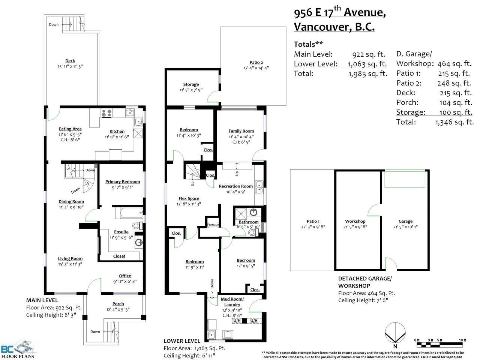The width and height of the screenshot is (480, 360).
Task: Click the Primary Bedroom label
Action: pos(123,181)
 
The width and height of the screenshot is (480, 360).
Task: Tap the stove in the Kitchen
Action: pos(106,113)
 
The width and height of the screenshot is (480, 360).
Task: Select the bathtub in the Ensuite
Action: pos(129,213)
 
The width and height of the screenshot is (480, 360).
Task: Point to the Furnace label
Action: pos(213,225)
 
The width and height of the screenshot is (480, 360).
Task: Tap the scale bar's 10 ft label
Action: pos(462,340)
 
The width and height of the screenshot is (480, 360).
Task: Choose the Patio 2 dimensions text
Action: pos(256,68)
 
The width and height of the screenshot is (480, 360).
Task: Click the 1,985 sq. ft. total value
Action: pos(368,73)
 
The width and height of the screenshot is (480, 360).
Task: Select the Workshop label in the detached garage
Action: pos(355,221)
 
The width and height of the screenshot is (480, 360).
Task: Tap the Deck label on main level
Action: pos(70,61)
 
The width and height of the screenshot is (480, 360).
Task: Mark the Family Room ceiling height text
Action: pos(241,142)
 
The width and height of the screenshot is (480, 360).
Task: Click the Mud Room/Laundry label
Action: pos(232,301)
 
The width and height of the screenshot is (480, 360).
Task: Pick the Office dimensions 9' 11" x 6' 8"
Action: pos(125,282)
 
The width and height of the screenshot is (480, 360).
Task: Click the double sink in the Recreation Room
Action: pos(259,187)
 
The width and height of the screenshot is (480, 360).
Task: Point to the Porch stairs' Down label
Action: pos(95,331)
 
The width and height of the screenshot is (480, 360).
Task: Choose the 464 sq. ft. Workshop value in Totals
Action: pos(454,64)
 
